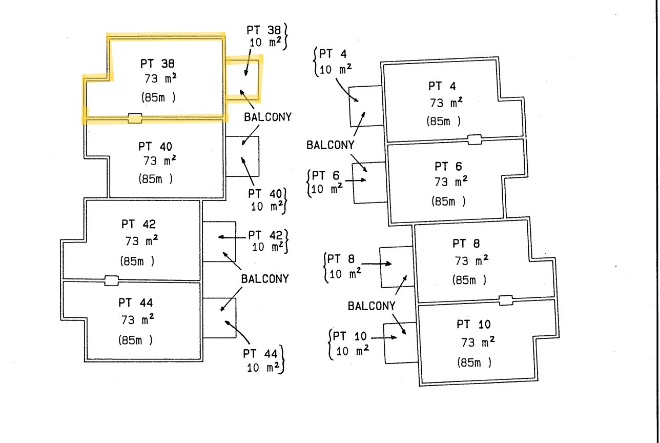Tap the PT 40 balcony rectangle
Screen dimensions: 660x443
tap(259, 156)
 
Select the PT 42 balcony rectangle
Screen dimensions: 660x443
tap(235, 241)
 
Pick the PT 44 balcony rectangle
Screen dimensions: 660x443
tap(236, 318)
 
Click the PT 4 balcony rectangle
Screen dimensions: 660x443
tap(349, 107)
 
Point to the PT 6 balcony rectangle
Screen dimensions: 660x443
tap(353, 183)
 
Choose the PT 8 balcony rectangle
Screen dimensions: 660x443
tap(380, 267)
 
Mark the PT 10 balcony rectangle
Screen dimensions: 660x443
tap(384, 344)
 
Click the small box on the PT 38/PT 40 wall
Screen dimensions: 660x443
tap(135, 118)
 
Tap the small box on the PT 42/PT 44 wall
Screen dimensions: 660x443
tap(112, 280)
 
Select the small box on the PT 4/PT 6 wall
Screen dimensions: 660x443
tap(475, 139)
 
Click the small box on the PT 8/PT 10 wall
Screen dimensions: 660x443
tap(506, 300)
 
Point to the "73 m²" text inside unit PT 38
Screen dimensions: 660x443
tap(160, 78)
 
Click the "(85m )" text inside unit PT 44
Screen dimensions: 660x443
tap(135, 340)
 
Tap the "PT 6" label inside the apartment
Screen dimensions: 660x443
tap(448, 167)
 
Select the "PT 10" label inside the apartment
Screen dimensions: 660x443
tap(473, 324)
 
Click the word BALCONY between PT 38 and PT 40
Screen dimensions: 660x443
tap(267, 117)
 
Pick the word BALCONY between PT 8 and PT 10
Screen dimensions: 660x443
tap(372, 306)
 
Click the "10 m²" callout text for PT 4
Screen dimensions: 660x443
tap(336, 70)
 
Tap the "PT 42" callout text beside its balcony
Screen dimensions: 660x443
tap(265, 235)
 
